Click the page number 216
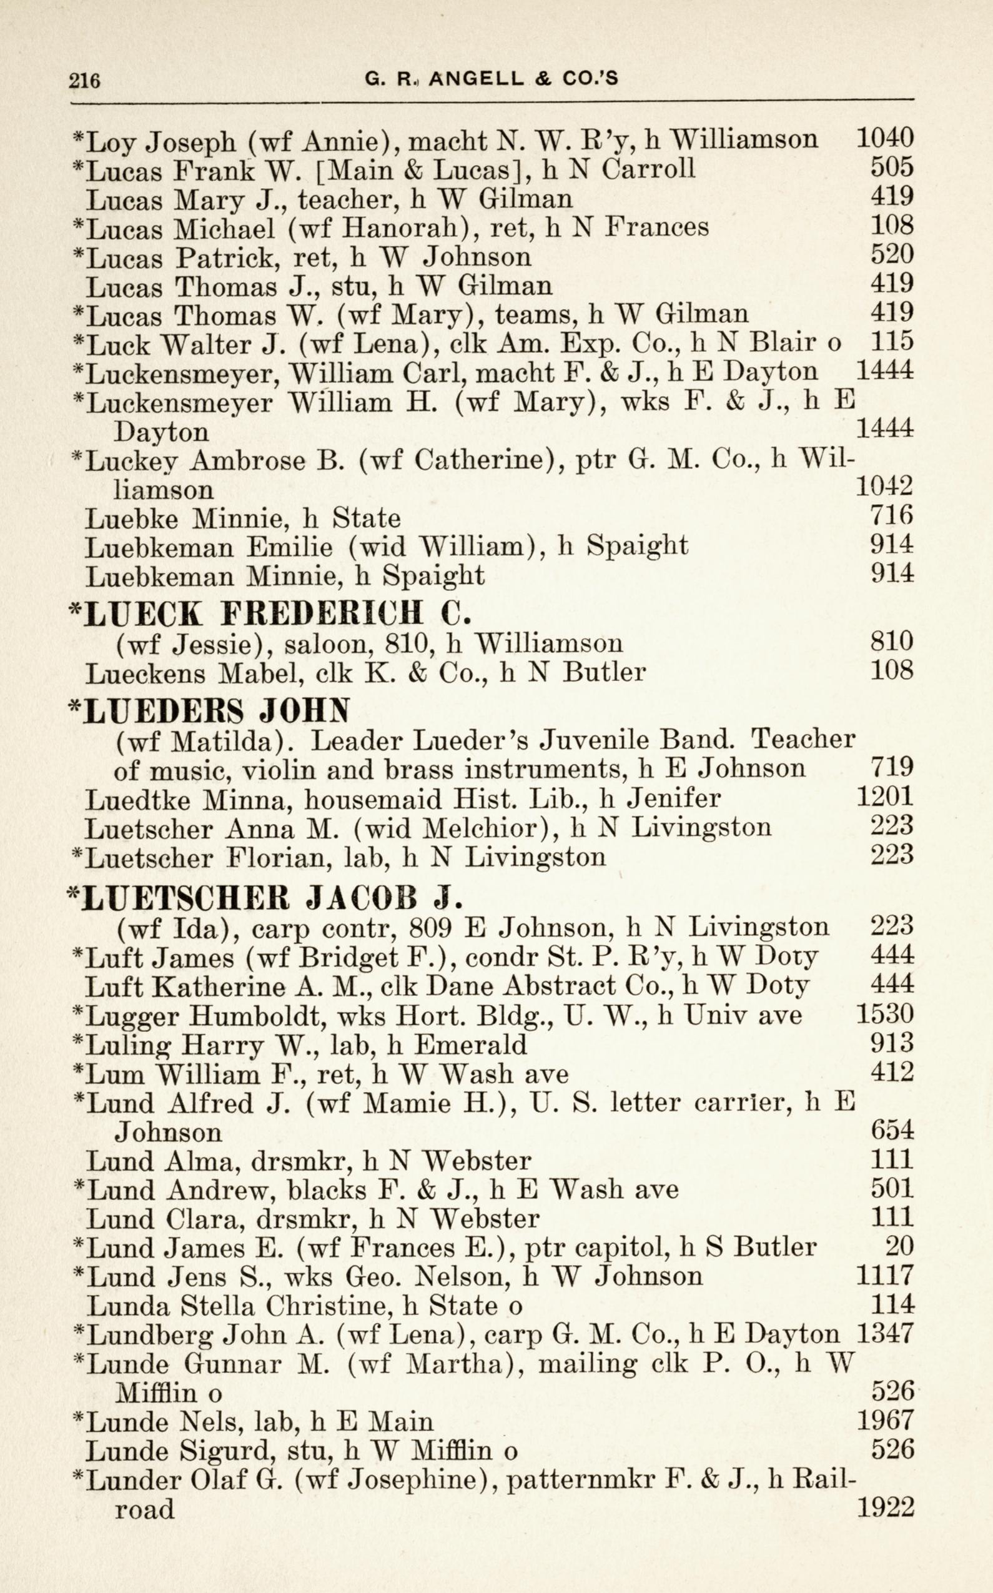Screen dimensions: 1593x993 point(85,80)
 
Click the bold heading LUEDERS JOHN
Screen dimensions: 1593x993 point(209,710)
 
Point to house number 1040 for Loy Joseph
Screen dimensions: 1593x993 point(884,138)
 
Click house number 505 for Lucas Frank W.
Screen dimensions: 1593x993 point(892,167)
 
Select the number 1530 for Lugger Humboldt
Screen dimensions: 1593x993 point(884,1015)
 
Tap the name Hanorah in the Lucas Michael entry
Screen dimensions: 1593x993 point(396,227)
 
